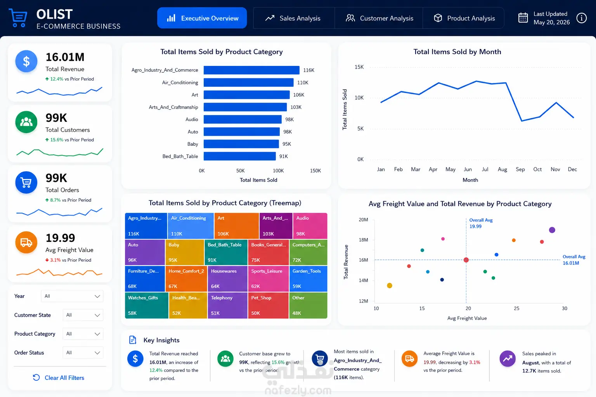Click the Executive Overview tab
click(x=202, y=18)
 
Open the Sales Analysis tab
click(x=294, y=18)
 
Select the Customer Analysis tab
click(x=379, y=18)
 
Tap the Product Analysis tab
click(x=464, y=18)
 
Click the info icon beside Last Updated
click(x=581, y=18)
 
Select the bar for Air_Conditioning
click(x=248, y=83)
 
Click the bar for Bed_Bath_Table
click(x=240, y=156)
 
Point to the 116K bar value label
click(x=308, y=70)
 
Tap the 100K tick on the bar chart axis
click(x=278, y=171)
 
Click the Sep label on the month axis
click(x=520, y=169)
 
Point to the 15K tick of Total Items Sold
click(x=359, y=67)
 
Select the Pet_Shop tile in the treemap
click(x=268, y=305)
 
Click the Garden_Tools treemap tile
click(x=308, y=279)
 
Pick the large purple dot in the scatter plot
click(x=552, y=230)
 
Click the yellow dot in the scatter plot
click(x=390, y=286)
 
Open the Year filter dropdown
click(x=72, y=296)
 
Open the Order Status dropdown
click(x=83, y=352)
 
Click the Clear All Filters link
click(x=59, y=378)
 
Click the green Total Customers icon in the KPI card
click(x=26, y=122)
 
